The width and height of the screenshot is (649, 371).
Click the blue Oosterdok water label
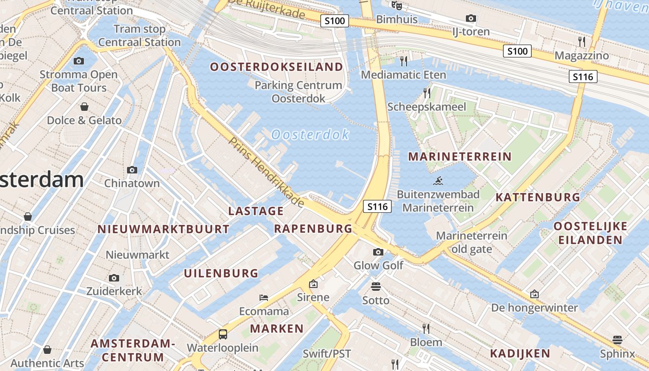click(310, 134)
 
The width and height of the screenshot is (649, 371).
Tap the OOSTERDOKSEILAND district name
click(276, 67)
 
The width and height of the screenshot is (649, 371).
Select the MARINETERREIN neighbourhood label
click(459, 156)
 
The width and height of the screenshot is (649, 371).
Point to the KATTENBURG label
click(537, 197)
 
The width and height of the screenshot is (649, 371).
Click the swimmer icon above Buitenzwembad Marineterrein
click(438, 181)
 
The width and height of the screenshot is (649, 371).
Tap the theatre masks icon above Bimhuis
click(396, 6)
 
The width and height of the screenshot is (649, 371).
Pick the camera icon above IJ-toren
click(471, 18)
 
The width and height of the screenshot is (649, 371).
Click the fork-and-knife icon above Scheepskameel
click(427, 93)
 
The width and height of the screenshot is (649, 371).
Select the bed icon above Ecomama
click(264, 297)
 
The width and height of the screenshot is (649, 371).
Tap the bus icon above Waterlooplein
click(223, 334)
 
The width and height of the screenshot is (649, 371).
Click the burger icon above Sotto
click(376, 287)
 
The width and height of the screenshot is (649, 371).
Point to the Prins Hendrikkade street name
click(267, 172)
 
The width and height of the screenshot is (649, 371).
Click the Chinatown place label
click(132, 183)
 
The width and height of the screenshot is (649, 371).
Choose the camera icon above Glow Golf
click(378, 252)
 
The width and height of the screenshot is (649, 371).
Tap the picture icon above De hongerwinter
click(534, 294)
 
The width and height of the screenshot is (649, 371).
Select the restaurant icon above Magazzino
click(582, 42)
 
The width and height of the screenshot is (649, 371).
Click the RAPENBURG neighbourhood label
click(313, 228)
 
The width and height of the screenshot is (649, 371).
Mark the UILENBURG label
click(221, 273)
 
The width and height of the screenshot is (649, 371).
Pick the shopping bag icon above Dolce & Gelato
click(84, 107)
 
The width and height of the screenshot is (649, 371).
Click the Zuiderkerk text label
click(114, 291)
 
